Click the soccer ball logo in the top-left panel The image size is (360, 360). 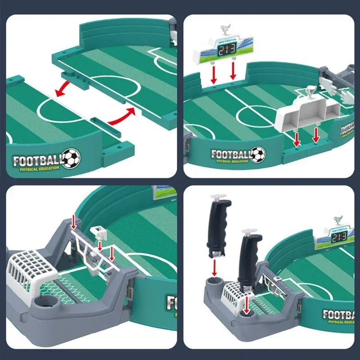coord(71,159)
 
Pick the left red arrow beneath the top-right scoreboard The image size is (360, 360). coord(214,74)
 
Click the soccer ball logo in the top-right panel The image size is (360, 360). coord(258,154)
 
